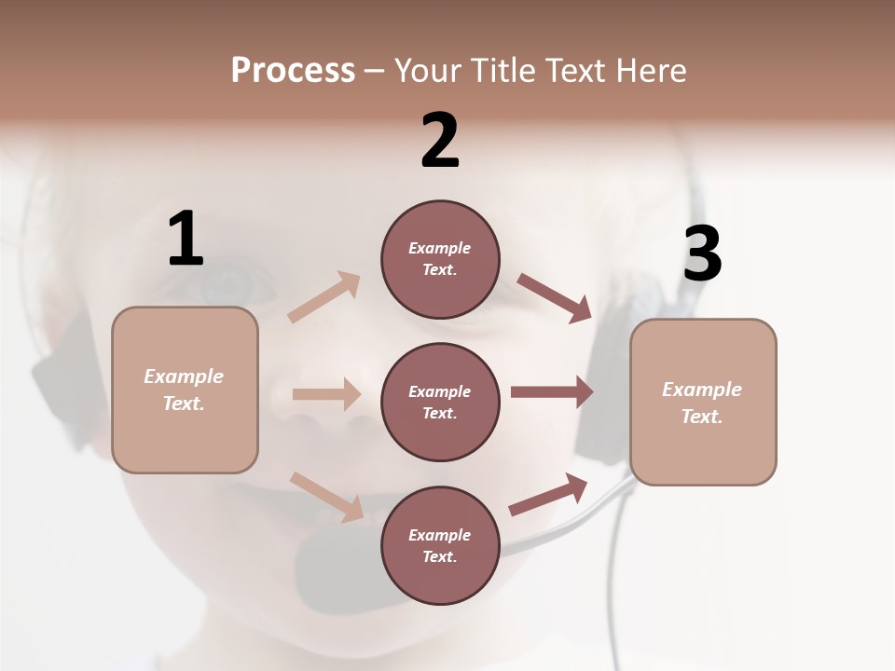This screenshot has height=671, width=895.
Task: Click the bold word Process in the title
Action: pos(293,71)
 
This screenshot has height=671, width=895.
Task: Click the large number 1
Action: pos(186,240)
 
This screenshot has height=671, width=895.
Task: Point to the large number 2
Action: pos(440,141)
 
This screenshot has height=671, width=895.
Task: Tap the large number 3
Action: pos(702,254)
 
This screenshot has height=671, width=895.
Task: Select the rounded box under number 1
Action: pos(185,390)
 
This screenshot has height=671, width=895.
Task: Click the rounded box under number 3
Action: pos(703,403)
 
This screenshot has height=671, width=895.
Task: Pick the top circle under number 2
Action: pos(440,259)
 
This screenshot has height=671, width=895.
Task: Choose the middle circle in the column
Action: pos(440,403)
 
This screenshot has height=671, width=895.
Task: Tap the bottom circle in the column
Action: pos(440,546)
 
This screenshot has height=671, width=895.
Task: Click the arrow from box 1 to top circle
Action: pos(324,296)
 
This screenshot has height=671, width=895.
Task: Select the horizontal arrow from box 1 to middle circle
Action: pos(326,394)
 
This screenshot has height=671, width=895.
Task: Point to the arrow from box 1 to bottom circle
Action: pos(326,496)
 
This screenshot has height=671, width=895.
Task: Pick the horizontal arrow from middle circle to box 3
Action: pos(552,392)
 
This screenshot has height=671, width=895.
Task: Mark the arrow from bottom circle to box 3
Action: pos(548,495)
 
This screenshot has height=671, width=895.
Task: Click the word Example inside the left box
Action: pos(184,377)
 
